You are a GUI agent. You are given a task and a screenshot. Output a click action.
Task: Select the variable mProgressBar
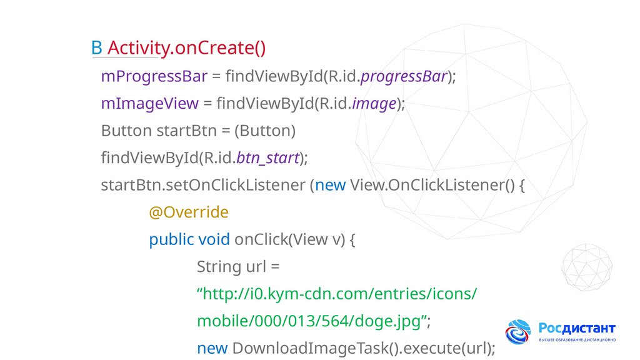154,76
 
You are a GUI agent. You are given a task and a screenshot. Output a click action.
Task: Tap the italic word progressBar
404,76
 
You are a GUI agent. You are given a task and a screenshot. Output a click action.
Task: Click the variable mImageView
149,103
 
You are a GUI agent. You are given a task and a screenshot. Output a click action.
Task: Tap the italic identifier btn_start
268,158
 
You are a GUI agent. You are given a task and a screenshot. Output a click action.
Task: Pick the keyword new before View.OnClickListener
330,186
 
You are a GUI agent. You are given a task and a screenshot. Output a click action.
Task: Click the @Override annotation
189,212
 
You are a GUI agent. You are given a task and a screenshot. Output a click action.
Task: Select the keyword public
171,239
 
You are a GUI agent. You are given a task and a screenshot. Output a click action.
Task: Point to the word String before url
218,267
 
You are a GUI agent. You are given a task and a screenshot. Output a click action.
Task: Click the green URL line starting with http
337,294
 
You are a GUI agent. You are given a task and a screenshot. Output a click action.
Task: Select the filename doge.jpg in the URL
387,321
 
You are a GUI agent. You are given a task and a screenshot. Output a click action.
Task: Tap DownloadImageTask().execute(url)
364,348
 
